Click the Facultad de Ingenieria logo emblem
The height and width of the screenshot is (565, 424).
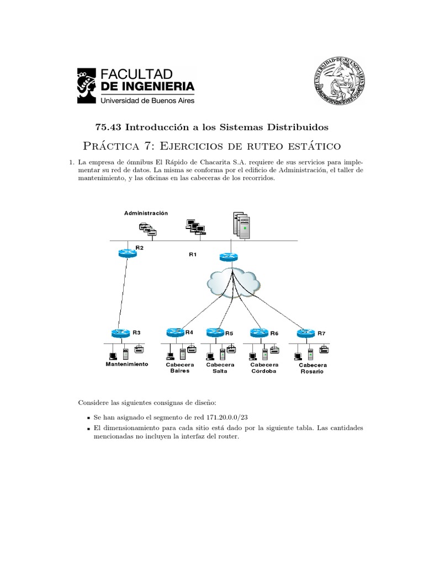[x=87, y=86]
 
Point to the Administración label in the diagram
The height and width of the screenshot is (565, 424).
[x=146, y=213]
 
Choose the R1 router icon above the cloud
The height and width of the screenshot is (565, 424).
[x=228, y=257]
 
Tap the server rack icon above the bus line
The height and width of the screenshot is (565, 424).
[x=241, y=225]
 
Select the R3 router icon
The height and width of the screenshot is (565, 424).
[x=120, y=333]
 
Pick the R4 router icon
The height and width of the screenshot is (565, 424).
[x=175, y=332]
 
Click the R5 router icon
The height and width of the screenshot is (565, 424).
[x=215, y=333]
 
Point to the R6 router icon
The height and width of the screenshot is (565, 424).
[x=259, y=333]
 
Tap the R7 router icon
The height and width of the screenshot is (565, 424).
[x=305, y=333]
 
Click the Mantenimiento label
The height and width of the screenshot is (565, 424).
[x=127, y=365]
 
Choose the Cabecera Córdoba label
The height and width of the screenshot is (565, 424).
[x=264, y=368]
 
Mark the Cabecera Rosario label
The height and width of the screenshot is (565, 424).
[x=312, y=369]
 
